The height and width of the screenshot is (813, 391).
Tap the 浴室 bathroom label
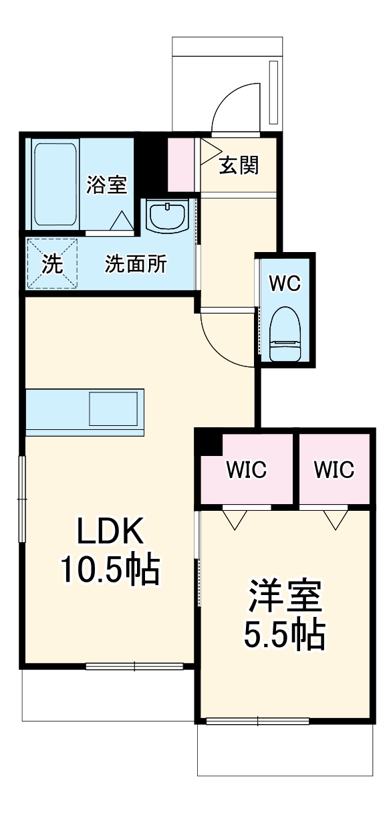click(x=106, y=185)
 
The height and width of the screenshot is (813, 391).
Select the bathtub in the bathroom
click(x=55, y=183)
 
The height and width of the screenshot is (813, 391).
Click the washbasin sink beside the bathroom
click(x=167, y=215)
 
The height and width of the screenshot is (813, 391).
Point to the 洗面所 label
click(x=136, y=264)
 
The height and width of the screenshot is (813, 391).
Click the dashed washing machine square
click(x=52, y=264)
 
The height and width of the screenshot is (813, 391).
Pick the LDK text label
click(x=110, y=532)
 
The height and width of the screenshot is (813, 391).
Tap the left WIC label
click(x=246, y=470)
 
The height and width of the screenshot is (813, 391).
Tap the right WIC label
click(x=334, y=470)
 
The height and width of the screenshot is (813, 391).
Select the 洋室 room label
click(x=285, y=597)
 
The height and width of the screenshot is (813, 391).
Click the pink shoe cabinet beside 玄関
click(x=180, y=164)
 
